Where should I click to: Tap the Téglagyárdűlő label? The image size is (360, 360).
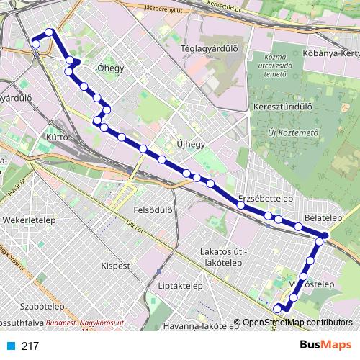pyautogui.click(x=210, y=48)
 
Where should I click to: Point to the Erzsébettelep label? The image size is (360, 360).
pyautogui.click(x=264, y=198)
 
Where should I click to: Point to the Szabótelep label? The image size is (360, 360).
pyautogui.click(x=24, y=306)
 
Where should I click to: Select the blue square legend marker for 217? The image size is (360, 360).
pyautogui.click(x=11, y=346)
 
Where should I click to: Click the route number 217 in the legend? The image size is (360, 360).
pyautogui.click(x=30, y=346)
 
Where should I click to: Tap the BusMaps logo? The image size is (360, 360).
pyautogui.click(x=325, y=345)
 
